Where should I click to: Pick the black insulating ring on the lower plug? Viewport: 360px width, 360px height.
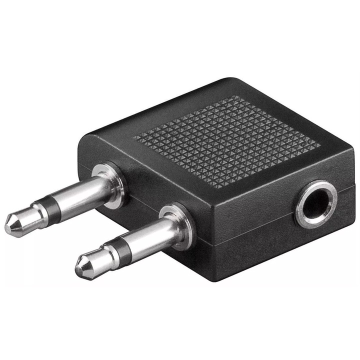point(115,248)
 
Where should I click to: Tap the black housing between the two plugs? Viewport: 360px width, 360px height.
point(145,200)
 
